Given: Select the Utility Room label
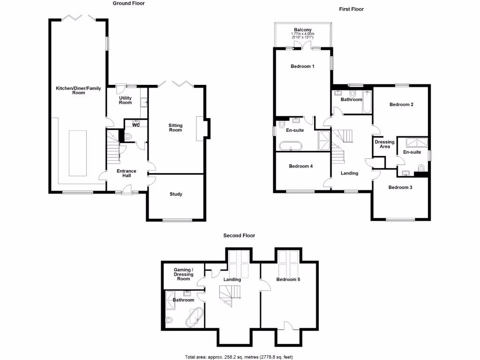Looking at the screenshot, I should [125, 100].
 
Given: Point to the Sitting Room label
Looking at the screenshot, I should [175, 127].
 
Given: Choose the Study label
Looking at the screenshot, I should [175, 194].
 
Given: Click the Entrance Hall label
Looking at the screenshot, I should [127, 173].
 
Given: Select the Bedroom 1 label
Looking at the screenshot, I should [302, 67].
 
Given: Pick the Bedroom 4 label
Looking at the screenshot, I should [300, 166].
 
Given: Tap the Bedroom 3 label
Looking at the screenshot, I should [400, 187].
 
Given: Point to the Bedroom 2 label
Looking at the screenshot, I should [401, 105].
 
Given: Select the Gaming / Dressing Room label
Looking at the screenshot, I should [183, 274].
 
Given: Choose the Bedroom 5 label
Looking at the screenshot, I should [288, 280].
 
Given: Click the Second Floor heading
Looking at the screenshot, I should [239, 236].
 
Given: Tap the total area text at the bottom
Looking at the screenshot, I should [239, 357].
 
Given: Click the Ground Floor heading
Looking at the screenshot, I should [129, 3].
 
